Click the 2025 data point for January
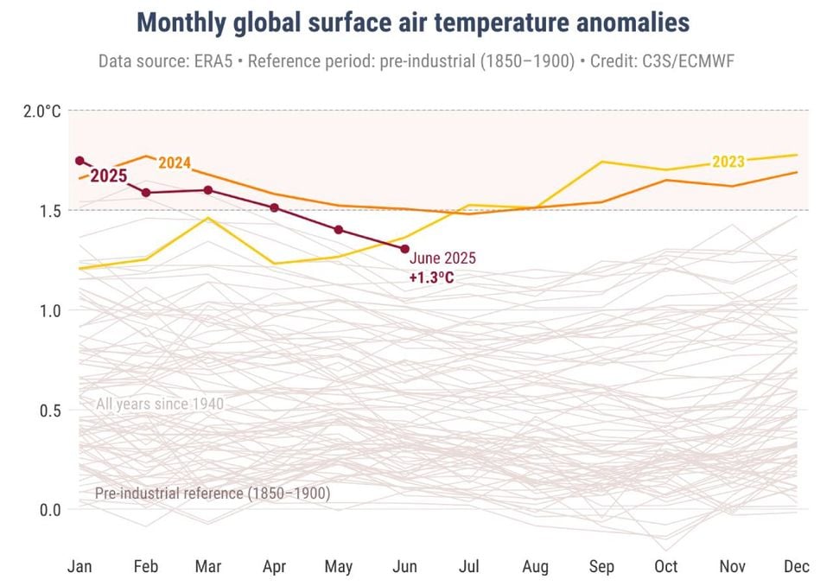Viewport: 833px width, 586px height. tap(79, 161)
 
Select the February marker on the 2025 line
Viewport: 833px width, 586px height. tap(146, 192)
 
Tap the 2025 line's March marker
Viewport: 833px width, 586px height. tap(208, 190)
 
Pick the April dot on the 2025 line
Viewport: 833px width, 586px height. tap(275, 207)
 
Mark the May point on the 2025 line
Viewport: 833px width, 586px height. tap(339, 230)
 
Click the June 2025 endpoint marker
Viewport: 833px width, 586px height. tap(404, 249)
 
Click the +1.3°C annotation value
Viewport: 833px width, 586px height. tap(431, 277)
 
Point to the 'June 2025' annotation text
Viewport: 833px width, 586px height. tap(442, 258)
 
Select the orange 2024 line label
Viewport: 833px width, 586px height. tap(175, 163)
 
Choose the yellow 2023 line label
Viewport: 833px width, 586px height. tap(728, 162)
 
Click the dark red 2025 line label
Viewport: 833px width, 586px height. tap(109, 176)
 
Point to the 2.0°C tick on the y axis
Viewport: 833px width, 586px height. tap(41, 111)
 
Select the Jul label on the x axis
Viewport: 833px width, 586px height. tap(469, 567)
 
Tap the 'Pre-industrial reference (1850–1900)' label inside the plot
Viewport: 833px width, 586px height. tap(213, 494)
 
